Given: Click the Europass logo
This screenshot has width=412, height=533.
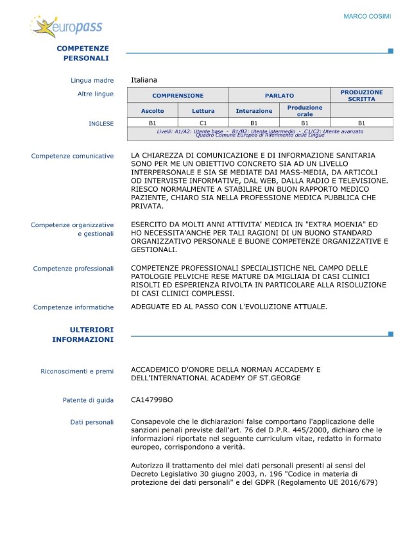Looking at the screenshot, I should pos(66,27).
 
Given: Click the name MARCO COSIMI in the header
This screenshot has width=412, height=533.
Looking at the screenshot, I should pos(367,16).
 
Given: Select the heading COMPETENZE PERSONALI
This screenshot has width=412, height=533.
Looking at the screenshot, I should pos(83,53).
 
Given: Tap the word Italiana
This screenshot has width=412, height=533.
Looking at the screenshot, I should pos(144,80).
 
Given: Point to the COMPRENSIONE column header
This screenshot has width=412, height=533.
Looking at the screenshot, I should pos(178,96).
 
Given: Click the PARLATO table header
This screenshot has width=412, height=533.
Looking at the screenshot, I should pos(279,96).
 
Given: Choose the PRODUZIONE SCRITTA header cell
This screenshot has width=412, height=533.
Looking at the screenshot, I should pos(361,96).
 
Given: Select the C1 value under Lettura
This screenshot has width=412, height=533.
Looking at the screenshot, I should pos(203,123).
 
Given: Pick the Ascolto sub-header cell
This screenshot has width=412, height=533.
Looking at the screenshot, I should pos(152,111).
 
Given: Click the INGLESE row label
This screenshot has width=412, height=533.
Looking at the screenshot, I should pos(101,123).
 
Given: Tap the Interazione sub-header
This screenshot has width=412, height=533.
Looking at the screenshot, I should pos(253,111).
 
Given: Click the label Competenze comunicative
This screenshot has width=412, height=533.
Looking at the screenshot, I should pos(73,156).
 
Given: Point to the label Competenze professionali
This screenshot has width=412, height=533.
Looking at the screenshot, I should pos(73,269).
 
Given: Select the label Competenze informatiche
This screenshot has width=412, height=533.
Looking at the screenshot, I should pos(73,307).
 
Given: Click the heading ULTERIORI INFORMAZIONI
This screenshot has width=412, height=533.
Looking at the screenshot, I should pos(83,334).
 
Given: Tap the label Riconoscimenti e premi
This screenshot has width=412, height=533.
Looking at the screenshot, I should pos(77,371).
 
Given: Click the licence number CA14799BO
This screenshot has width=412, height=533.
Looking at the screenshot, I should pos(151,400).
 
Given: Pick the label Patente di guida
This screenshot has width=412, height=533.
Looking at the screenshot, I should pos(88,400).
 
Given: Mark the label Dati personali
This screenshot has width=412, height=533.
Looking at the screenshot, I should pos(92,422).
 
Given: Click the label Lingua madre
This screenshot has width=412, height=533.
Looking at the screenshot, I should pos(92,81).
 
